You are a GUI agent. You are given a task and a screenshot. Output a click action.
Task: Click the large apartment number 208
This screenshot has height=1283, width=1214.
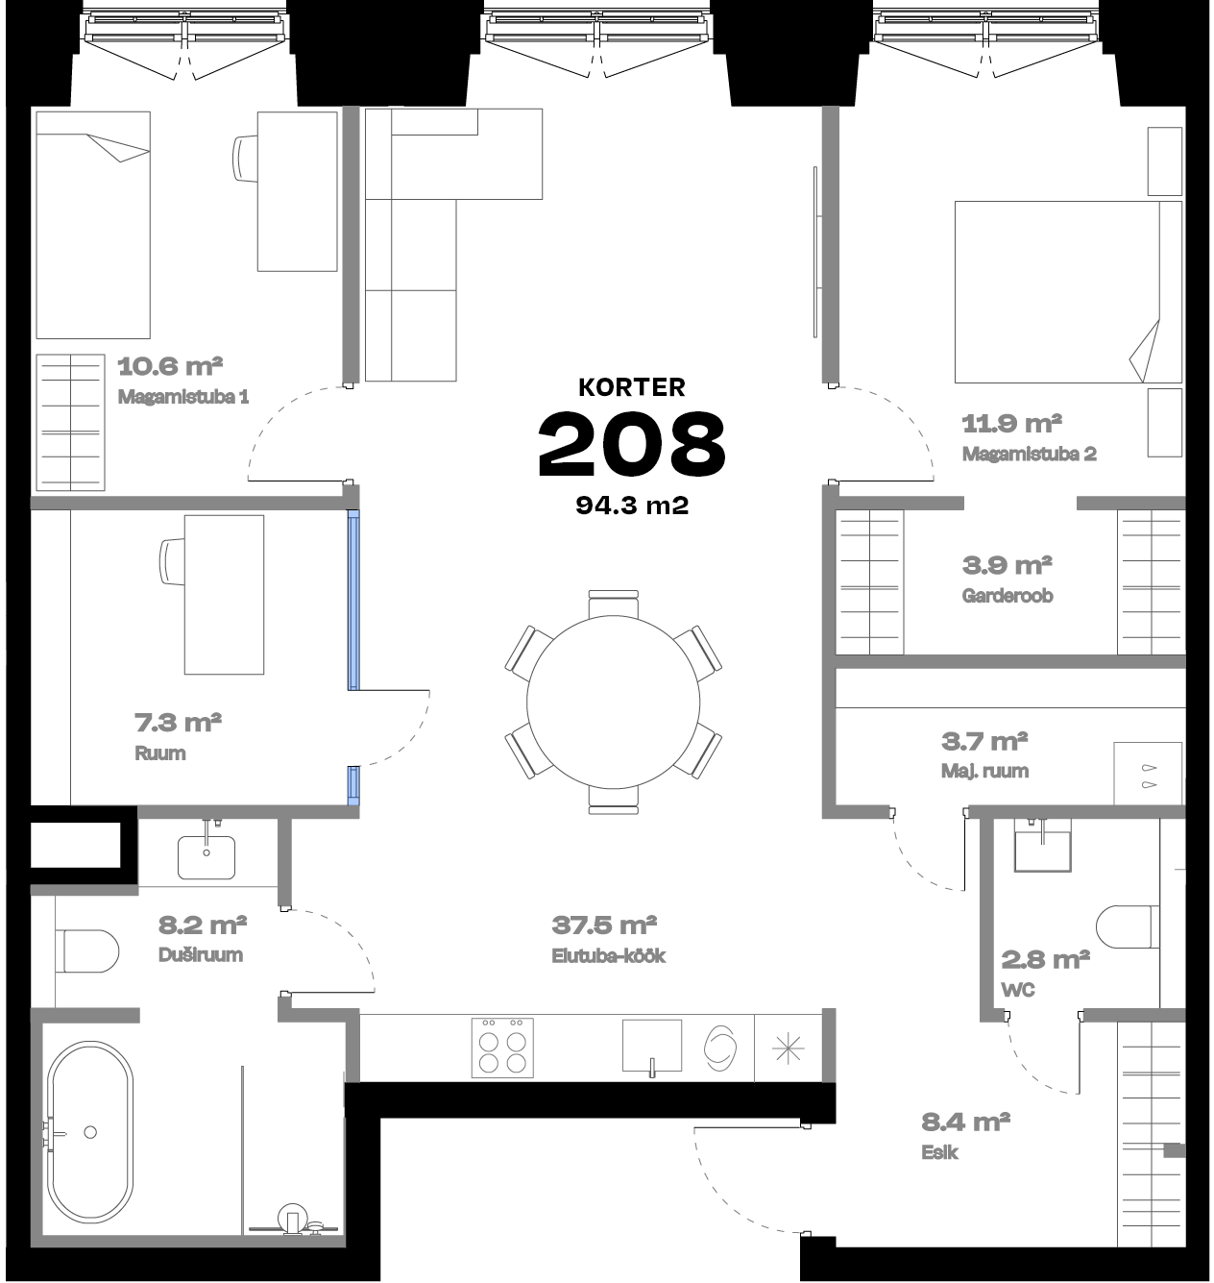tap(631, 444)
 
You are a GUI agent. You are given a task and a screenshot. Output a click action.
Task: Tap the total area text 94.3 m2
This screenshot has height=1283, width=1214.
tap(631, 506)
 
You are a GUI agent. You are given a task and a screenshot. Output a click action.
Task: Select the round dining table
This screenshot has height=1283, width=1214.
tap(613, 703)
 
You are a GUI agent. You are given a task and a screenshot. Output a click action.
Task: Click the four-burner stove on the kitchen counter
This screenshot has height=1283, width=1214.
tap(502, 1048)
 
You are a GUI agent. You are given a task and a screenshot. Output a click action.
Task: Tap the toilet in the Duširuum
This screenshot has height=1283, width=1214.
tap(87, 950)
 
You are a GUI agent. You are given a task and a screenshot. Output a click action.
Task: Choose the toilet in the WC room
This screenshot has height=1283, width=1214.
tap(1128, 926)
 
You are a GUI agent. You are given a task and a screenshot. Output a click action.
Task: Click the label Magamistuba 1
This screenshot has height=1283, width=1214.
tap(183, 397)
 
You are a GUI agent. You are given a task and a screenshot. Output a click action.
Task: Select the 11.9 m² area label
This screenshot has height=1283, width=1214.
tap(1011, 424)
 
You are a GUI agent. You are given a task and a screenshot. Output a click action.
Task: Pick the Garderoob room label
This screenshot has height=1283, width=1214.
tap(1008, 596)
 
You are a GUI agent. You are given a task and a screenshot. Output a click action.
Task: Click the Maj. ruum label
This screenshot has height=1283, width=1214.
tap(984, 772)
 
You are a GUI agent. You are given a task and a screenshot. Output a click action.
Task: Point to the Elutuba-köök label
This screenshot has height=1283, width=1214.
tap(609, 956)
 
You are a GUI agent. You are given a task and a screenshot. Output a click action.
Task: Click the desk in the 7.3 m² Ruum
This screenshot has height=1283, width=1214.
tap(224, 595)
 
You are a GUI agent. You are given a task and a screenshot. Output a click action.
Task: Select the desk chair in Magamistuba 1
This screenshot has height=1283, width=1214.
tap(245, 159)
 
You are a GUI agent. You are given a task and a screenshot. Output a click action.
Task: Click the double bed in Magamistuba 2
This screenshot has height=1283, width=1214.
tap(1068, 292)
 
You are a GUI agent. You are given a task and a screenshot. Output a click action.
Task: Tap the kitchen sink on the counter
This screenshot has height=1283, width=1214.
tap(652, 1047)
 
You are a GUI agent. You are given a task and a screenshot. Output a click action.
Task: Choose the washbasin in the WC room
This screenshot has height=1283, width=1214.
tap(1042, 851)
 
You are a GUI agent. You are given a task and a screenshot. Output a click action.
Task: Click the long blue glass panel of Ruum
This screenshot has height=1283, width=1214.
tap(352, 600)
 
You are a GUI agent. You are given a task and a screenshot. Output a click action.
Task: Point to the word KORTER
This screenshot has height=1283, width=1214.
tap(631, 387)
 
